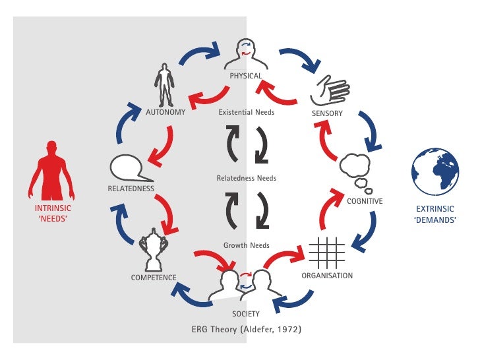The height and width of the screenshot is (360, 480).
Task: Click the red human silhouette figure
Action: pyautogui.click(x=51, y=169)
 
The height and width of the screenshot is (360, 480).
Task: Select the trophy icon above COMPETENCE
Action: pyautogui.click(x=154, y=249)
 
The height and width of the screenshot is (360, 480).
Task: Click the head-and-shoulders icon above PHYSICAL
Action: pyautogui.click(x=245, y=54)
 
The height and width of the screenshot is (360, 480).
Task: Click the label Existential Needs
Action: pyautogui.click(x=246, y=112)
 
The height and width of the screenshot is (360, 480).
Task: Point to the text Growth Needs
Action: pyautogui.click(x=246, y=245)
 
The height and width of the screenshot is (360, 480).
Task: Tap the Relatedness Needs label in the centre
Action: pyautogui.click(x=246, y=178)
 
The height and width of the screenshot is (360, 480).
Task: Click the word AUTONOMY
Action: pyautogui.click(x=165, y=112)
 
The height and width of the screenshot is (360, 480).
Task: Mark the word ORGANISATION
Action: pyautogui.click(x=327, y=275)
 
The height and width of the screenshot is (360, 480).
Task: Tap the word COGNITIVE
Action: pyautogui.click(x=365, y=200)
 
